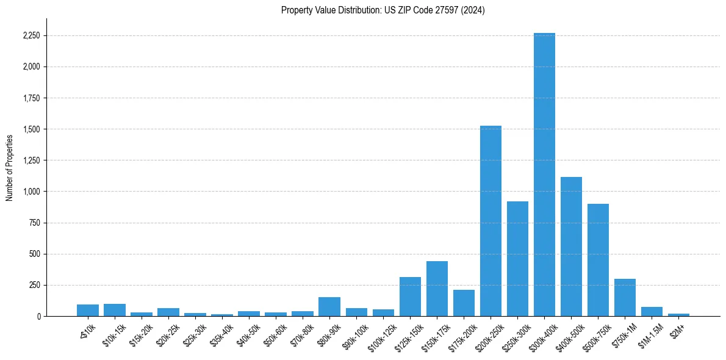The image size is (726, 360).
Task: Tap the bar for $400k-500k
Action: tap(571, 247)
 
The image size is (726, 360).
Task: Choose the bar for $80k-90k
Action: tap(329, 306)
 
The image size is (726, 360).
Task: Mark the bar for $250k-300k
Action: tap(517, 259)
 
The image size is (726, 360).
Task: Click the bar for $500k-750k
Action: tap(598, 260)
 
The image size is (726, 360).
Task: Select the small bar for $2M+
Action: tap(678, 315)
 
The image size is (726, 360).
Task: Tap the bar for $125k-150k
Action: tap(410, 297)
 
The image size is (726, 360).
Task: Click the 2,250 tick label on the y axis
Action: tap(31, 36)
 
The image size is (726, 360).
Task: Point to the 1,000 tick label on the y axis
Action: tap(31, 192)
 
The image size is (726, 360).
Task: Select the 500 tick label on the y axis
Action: tap(34, 254)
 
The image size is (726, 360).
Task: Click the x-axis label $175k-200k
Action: tap(461, 334)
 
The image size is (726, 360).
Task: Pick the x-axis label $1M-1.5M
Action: tap(650, 333)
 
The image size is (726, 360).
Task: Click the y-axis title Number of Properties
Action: tap(10, 168)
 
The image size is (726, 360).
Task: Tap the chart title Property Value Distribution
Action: tap(383, 10)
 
